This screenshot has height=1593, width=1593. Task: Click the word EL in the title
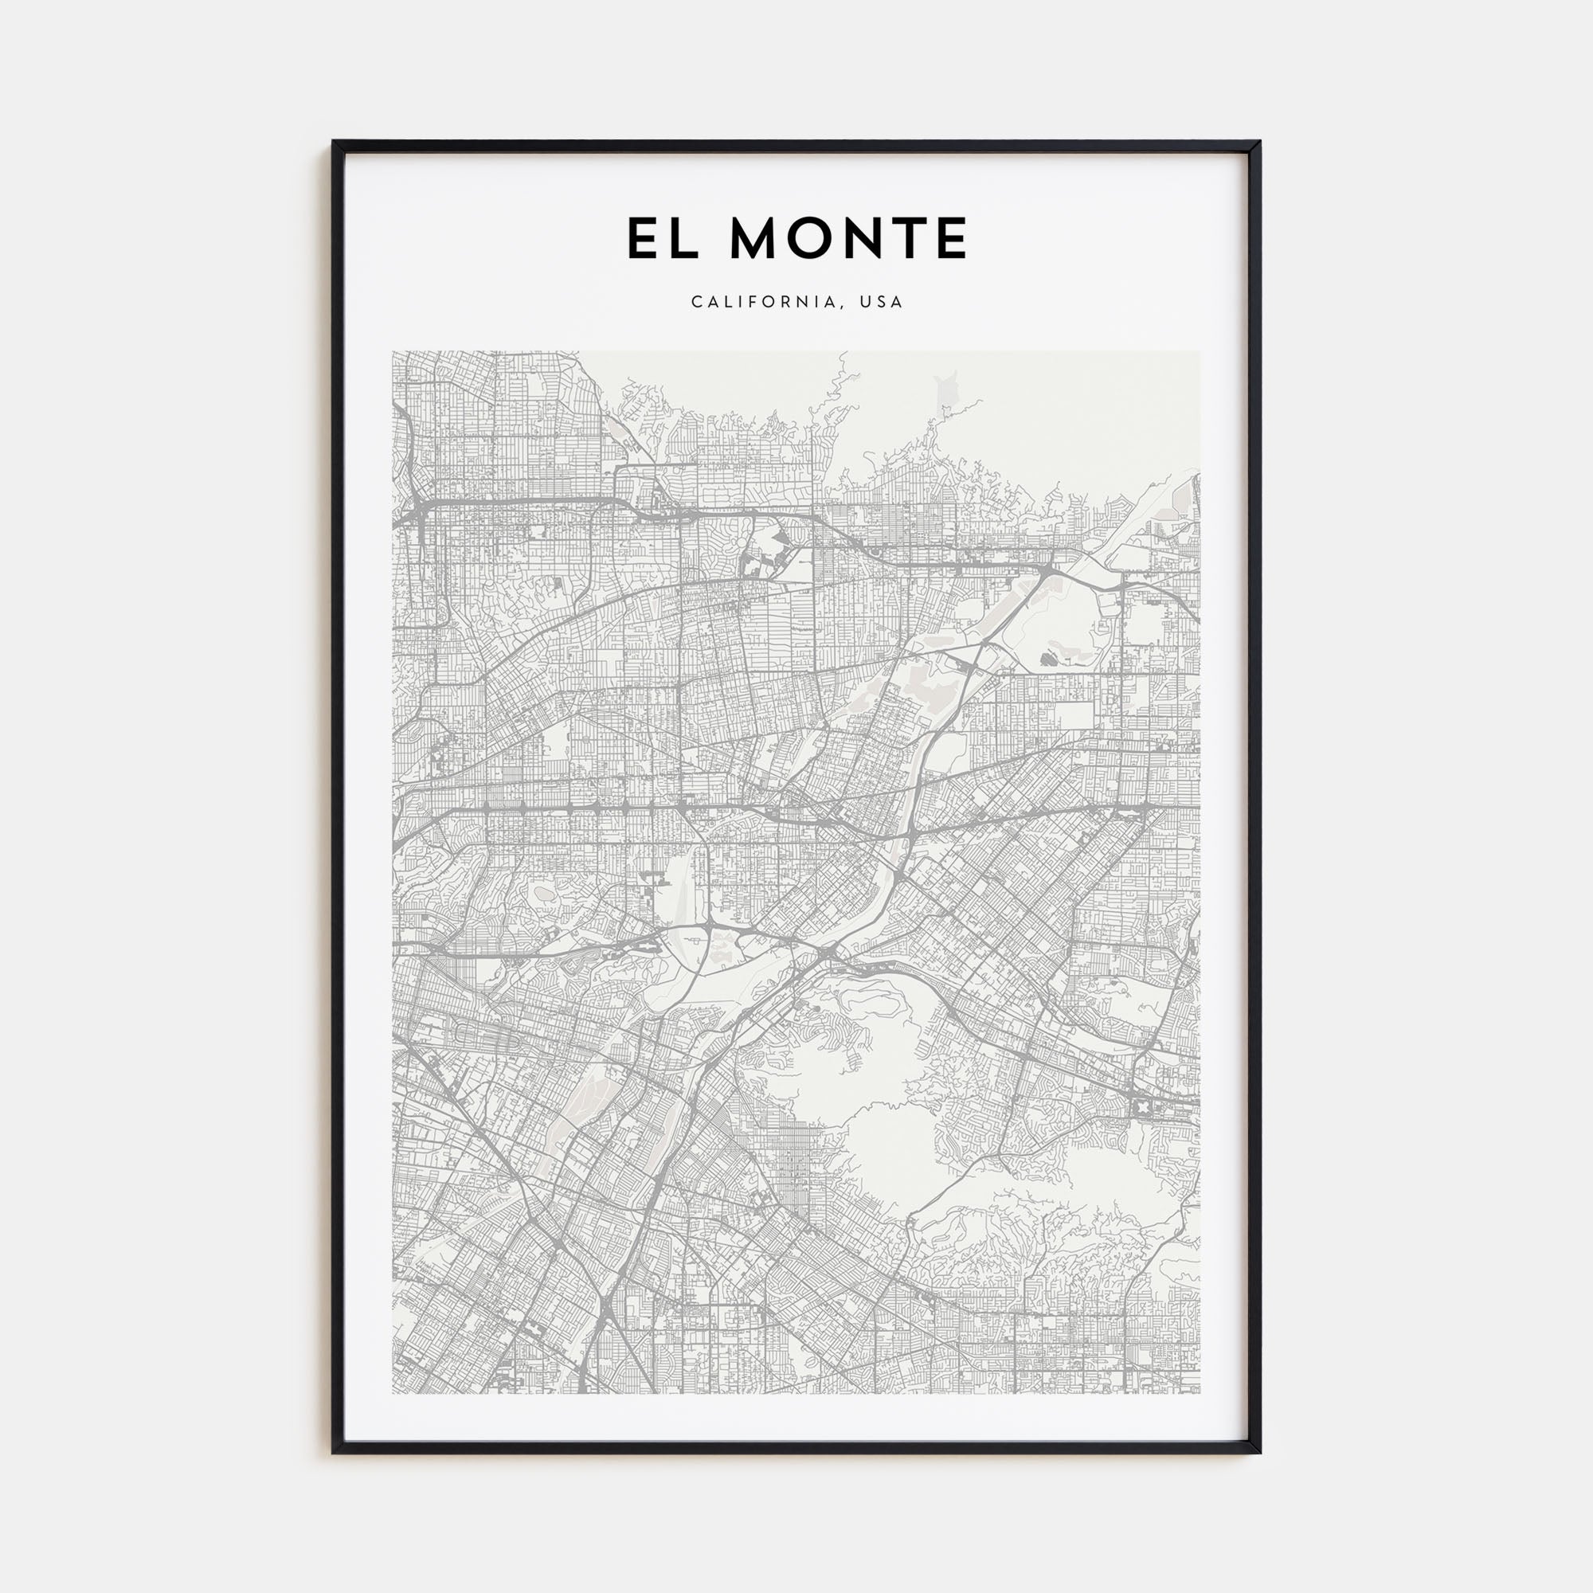point(663,238)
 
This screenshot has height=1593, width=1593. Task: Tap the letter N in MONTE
point(871,238)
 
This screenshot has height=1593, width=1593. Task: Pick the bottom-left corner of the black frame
point(334,1452)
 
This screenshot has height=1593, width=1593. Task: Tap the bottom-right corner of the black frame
point(1260,1452)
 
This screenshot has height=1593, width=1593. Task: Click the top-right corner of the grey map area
point(1200,352)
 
